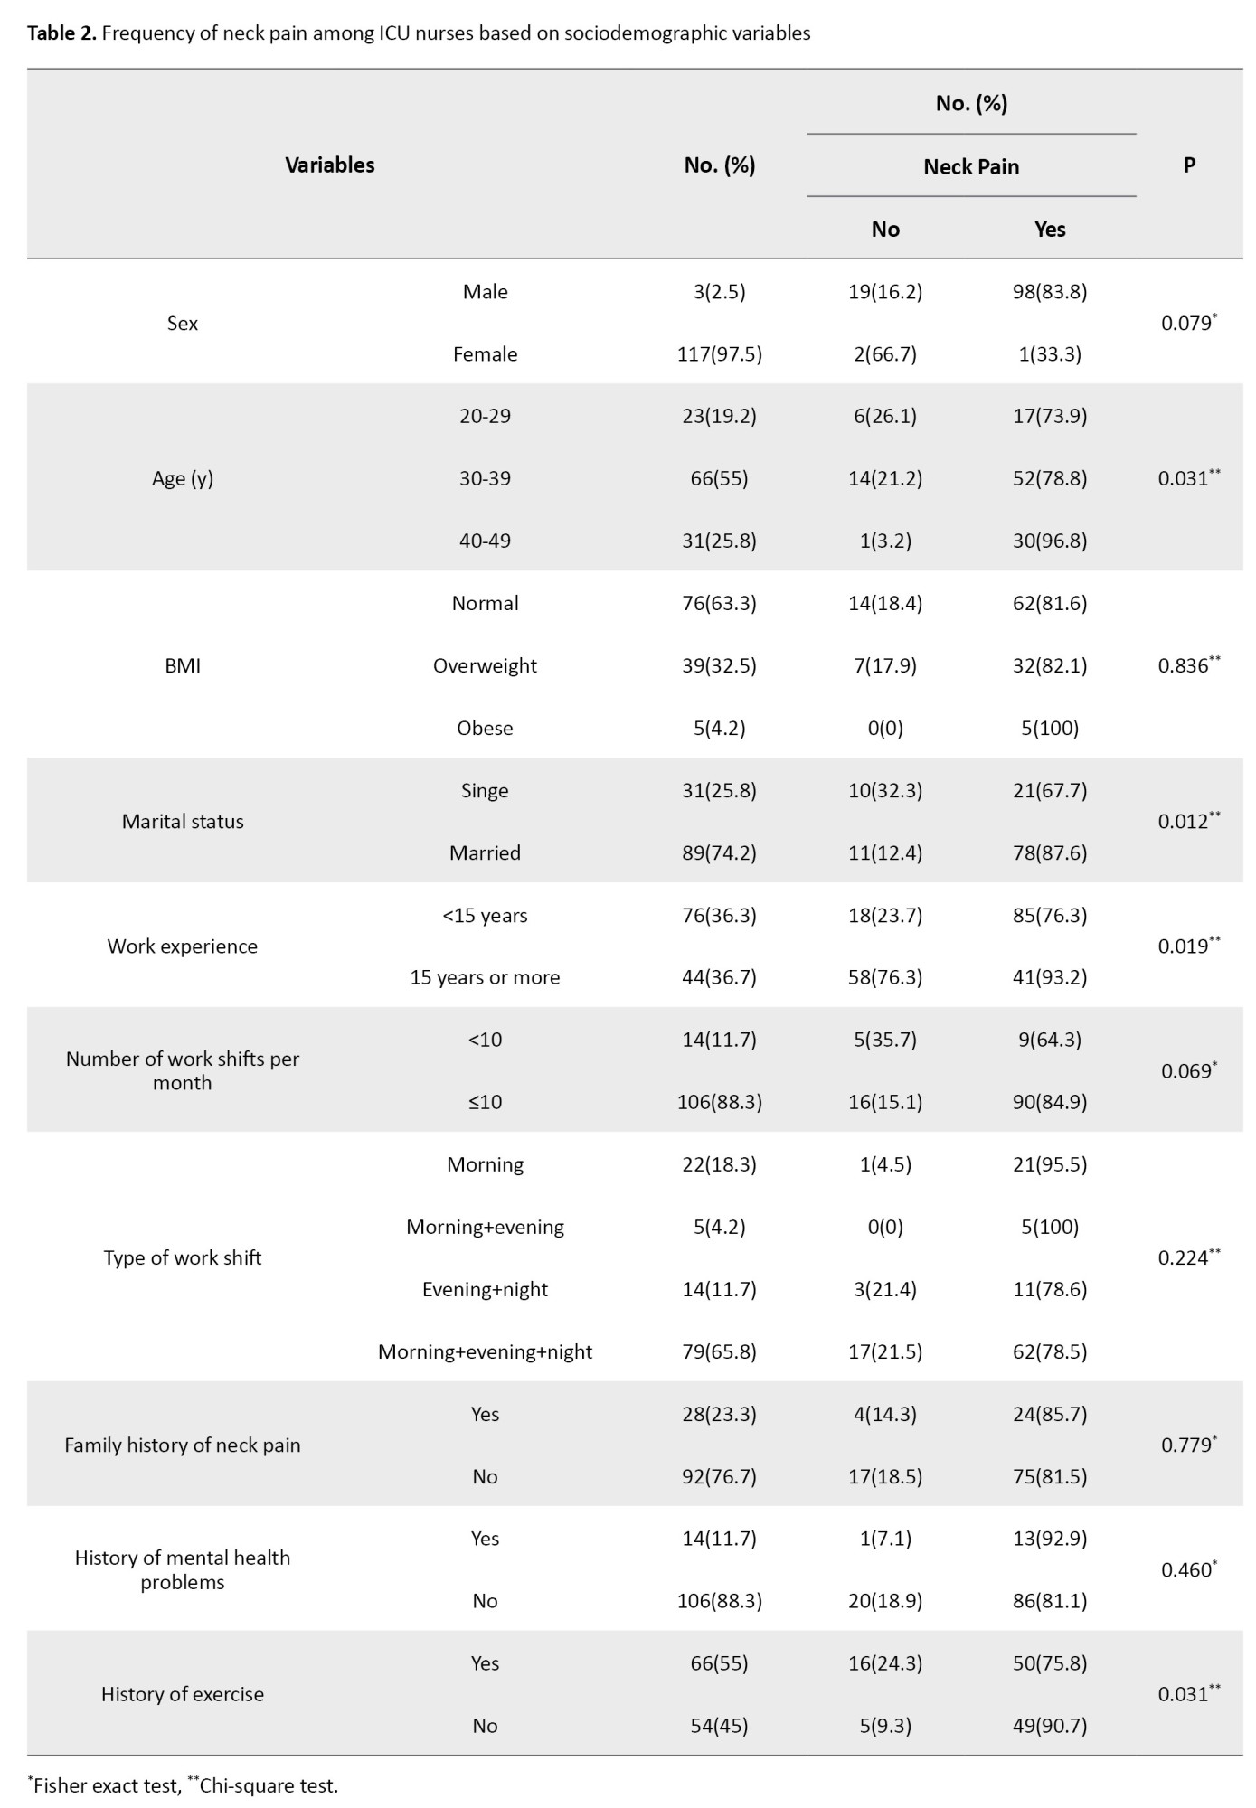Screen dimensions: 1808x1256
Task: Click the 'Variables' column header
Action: pyautogui.click(x=329, y=165)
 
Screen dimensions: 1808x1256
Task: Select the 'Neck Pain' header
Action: pyautogui.click(x=970, y=167)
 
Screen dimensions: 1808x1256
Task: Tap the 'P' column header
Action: pyautogui.click(x=1189, y=165)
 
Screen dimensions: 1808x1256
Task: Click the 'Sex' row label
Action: pyautogui.click(x=183, y=324)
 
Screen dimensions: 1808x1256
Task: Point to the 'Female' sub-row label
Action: pyautogui.click(x=485, y=354)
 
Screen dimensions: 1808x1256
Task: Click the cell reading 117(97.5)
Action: pyautogui.click(x=719, y=354)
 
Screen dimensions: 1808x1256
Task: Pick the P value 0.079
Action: pyautogui.click(x=1186, y=324)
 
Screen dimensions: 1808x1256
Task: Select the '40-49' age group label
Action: pyautogui.click(x=485, y=541)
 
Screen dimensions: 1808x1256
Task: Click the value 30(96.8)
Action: pyautogui.click(x=1049, y=541)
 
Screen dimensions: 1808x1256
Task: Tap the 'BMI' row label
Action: pyautogui.click(x=183, y=666)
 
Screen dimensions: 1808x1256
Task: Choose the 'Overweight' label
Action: pyautogui.click(x=485, y=666)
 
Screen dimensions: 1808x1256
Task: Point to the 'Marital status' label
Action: pyautogui.click(x=183, y=822)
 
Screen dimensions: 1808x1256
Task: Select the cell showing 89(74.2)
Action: pyautogui.click(x=719, y=853)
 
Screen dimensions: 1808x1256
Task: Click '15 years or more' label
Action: pyautogui.click(x=485, y=978)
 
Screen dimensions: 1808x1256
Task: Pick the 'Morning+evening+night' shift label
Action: pyautogui.click(x=485, y=1352)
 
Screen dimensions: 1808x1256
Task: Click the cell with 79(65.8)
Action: pyautogui.click(x=719, y=1352)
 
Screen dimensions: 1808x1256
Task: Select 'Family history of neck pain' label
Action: pyautogui.click(x=183, y=1445)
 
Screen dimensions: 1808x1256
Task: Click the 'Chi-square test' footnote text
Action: pyautogui.click(x=268, y=1786)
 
